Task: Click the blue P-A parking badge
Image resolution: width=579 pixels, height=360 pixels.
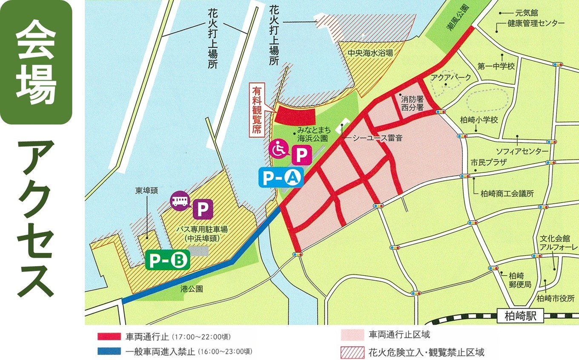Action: click(x=281, y=177)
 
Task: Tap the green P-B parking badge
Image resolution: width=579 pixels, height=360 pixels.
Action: click(x=167, y=260)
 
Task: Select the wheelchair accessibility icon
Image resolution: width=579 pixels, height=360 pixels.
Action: click(x=278, y=150)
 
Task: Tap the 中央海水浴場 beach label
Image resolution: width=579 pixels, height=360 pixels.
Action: click(x=370, y=53)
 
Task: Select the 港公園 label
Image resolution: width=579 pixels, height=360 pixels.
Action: click(x=191, y=289)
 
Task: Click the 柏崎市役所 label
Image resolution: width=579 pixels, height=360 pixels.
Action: click(x=556, y=298)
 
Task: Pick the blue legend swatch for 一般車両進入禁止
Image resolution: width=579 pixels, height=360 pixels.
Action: click(x=109, y=351)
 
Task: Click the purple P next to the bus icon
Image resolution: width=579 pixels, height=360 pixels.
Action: click(x=203, y=210)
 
